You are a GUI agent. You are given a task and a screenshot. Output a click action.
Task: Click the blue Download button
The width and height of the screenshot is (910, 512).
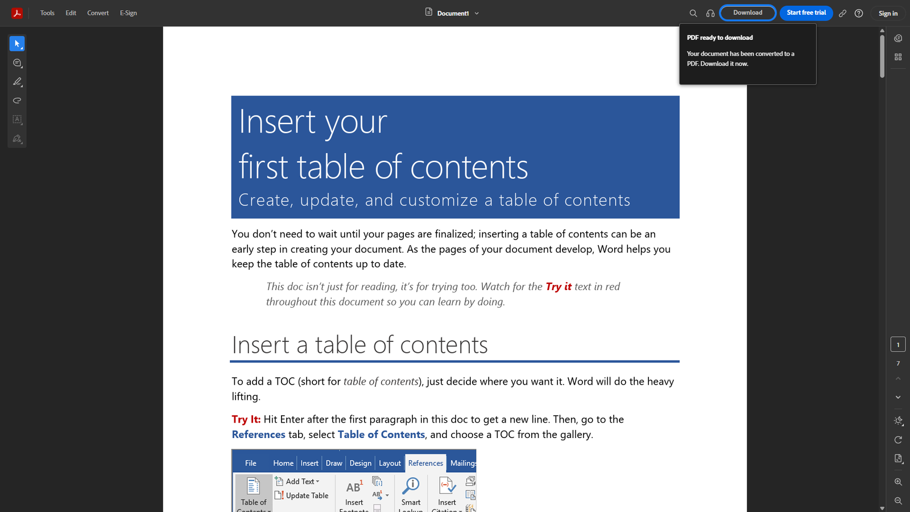click(747, 13)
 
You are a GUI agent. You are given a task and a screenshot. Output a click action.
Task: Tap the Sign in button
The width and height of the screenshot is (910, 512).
click(888, 13)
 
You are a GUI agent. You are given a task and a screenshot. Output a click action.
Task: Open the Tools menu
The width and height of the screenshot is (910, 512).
click(47, 13)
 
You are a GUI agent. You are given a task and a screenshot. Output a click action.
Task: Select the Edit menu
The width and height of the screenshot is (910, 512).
click(71, 13)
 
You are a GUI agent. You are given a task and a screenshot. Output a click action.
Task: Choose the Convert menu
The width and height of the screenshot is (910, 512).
click(98, 13)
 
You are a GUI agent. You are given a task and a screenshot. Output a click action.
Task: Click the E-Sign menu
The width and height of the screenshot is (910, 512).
click(129, 13)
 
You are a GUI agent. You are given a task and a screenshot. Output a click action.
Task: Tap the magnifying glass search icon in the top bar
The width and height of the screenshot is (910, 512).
click(693, 13)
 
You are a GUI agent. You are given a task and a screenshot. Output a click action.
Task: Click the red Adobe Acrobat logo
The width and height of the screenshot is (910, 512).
click(17, 13)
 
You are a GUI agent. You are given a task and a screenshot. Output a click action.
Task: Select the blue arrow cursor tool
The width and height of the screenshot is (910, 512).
click(17, 44)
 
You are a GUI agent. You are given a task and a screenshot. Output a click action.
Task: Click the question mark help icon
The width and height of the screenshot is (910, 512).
click(859, 13)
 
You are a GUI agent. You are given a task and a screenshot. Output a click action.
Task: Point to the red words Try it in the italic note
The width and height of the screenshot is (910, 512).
click(559, 287)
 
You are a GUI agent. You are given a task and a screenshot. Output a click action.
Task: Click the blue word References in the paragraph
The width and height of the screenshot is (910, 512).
click(258, 435)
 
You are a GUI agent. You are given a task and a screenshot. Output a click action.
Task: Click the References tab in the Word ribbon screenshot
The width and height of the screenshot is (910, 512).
click(425, 463)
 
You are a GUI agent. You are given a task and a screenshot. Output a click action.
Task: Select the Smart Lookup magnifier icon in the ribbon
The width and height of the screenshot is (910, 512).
click(411, 485)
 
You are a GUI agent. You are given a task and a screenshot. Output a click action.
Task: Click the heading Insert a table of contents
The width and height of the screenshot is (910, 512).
click(359, 345)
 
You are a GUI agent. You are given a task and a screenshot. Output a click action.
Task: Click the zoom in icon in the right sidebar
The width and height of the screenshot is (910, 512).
click(898, 482)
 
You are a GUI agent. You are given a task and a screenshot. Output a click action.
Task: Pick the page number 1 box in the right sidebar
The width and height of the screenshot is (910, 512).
click(898, 345)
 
